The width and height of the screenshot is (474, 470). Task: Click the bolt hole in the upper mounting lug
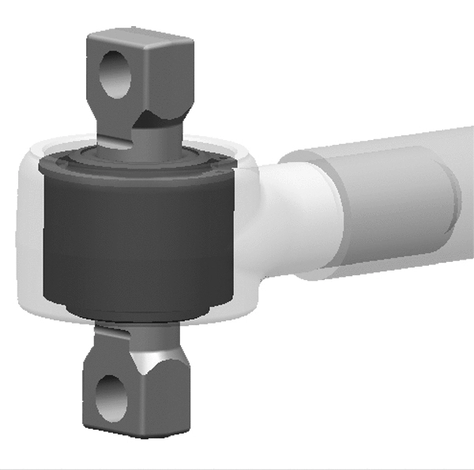click(x=115, y=74)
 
